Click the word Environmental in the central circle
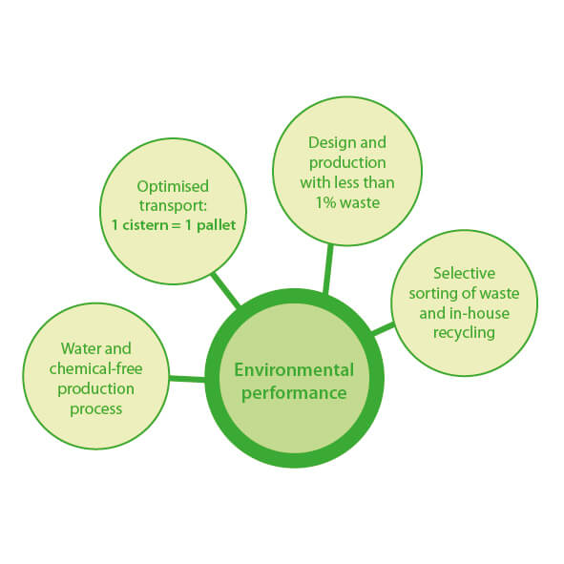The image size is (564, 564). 294,370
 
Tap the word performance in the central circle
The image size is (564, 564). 294,393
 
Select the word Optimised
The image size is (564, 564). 173,187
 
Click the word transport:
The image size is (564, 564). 173,206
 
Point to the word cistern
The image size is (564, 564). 146,225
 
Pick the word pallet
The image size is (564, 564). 217,225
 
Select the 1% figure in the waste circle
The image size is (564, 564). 325,203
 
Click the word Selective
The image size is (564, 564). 464,273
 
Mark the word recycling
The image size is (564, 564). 464,333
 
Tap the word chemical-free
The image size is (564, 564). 96,368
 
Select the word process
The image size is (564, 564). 96,409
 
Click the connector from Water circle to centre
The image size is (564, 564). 187,379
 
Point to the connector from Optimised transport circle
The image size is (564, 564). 225,289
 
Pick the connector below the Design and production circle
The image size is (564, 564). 328,269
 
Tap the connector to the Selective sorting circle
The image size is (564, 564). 383,328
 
